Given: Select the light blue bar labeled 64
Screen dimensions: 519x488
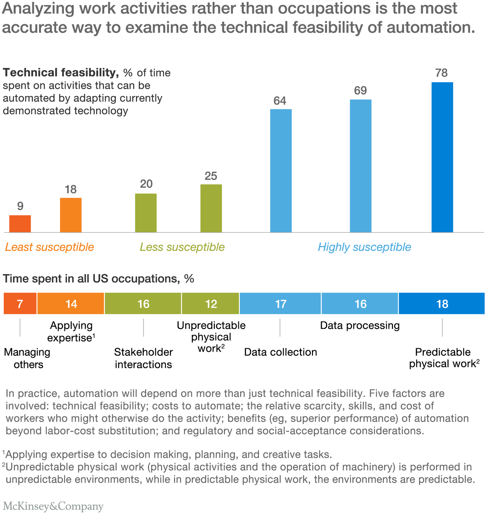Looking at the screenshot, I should (x=281, y=171).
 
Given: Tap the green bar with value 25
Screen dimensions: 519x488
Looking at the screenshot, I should (x=211, y=208).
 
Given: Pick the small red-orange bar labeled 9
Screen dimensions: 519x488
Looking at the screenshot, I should (x=20, y=224).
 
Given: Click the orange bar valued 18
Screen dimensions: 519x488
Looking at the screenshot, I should (x=71, y=215).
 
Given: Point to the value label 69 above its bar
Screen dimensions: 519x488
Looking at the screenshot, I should (x=360, y=91).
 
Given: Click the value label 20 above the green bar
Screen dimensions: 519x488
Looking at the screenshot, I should (x=146, y=184).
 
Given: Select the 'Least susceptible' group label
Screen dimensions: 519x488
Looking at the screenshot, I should (x=49, y=247).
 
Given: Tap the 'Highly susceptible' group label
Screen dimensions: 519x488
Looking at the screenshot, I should (x=364, y=247).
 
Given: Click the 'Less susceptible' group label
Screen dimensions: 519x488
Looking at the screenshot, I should (x=182, y=247).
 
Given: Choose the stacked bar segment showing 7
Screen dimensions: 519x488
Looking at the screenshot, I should (x=20, y=303).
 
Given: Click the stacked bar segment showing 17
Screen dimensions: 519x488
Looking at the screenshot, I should (x=280, y=303).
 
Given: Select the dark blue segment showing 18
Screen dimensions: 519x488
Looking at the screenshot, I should (x=442, y=303).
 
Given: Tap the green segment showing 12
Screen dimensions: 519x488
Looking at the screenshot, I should (x=211, y=303).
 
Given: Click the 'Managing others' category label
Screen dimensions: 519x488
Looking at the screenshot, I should (x=27, y=358).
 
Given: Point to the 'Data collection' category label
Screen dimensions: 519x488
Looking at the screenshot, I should (x=280, y=352).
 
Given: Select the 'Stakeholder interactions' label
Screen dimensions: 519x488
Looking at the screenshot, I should (x=143, y=358).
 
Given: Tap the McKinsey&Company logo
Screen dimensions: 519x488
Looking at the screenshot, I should (x=53, y=506).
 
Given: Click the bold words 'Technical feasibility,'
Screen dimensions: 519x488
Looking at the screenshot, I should (x=61, y=73).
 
